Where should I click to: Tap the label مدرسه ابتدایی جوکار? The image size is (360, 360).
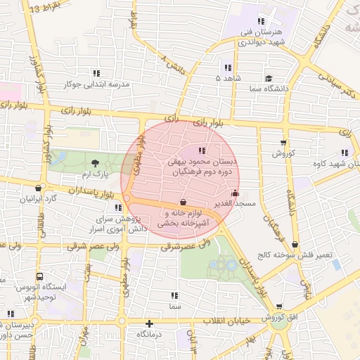point(98,84)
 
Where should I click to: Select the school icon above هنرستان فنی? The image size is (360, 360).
point(263,21)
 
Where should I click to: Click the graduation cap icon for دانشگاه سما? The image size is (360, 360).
point(269,78)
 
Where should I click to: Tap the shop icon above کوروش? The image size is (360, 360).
point(284,143)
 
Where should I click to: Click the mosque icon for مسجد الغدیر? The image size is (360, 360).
point(235,193)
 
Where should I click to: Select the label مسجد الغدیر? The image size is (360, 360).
point(235,204)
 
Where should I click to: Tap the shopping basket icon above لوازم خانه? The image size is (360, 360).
point(184,202)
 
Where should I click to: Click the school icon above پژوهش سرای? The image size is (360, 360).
point(118,207)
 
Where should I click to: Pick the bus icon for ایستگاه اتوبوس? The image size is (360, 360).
point(39,277)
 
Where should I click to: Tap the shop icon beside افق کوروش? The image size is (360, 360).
point(279,307)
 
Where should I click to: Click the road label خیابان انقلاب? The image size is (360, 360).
point(227,321)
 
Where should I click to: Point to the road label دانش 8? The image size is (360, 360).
point(173,65)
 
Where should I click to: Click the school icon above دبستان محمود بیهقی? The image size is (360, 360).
point(202,150)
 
